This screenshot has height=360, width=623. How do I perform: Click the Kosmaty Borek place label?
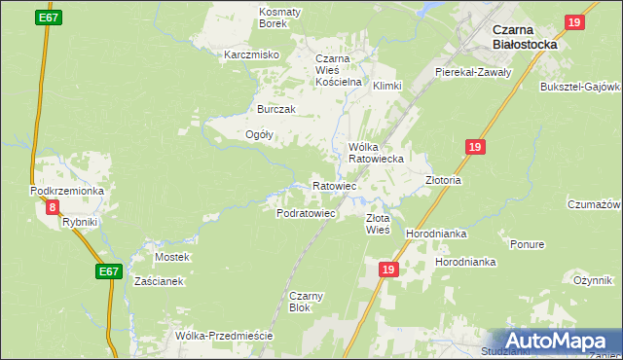pyautogui.click(x=279, y=17)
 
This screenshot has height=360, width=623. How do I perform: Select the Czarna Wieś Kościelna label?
pyautogui.click(x=338, y=70)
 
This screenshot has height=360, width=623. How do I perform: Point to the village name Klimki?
pyautogui.click(x=386, y=86)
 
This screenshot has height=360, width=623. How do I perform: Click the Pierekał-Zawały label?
pyautogui.click(x=473, y=73)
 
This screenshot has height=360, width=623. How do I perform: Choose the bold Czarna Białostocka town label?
pyautogui.click(x=525, y=36)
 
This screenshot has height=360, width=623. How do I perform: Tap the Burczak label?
pyautogui.click(x=275, y=109)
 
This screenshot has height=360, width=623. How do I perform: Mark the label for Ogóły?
pyautogui.click(x=259, y=135)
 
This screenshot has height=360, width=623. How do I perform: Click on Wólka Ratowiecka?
pyautogui.click(x=375, y=152)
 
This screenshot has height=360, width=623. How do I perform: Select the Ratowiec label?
pyautogui.click(x=334, y=185)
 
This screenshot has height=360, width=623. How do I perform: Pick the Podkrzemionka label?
pyautogui.click(x=67, y=191)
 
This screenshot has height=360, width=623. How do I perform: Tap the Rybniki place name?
pyautogui.click(x=80, y=222)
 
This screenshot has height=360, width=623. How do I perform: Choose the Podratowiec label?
pyautogui.click(x=306, y=212)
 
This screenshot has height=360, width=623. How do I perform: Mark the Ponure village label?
pyautogui.click(x=527, y=244)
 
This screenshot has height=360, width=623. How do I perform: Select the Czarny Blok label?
pyautogui.click(x=299, y=302)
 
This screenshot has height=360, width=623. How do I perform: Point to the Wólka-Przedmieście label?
pyautogui.click(x=223, y=336)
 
